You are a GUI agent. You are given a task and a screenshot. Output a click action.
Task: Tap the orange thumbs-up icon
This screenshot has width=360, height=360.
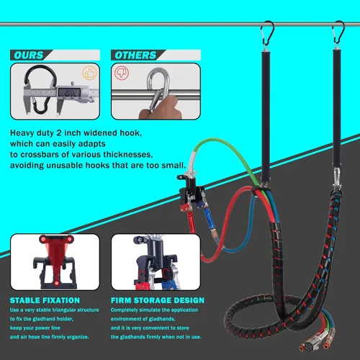[x=89, y=73]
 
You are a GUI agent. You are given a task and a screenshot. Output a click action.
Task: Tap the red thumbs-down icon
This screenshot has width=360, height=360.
[x=122, y=73]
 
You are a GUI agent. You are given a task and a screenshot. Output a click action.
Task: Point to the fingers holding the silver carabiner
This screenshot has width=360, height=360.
[x=161, y=108]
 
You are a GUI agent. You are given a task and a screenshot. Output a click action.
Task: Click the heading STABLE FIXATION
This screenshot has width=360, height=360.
[x=45, y=300]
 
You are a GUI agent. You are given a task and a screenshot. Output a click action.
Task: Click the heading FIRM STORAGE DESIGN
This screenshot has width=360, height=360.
[x=158, y=300]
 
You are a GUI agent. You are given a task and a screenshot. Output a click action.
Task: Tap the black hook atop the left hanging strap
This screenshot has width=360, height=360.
[x=266, y=33]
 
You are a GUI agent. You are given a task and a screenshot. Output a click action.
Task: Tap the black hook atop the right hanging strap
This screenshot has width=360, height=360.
[x=338, y=32]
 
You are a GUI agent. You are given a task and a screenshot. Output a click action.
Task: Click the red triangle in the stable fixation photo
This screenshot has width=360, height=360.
[x=55, y=259]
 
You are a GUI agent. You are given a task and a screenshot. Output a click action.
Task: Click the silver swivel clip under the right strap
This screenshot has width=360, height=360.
[x=337, y=179]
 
